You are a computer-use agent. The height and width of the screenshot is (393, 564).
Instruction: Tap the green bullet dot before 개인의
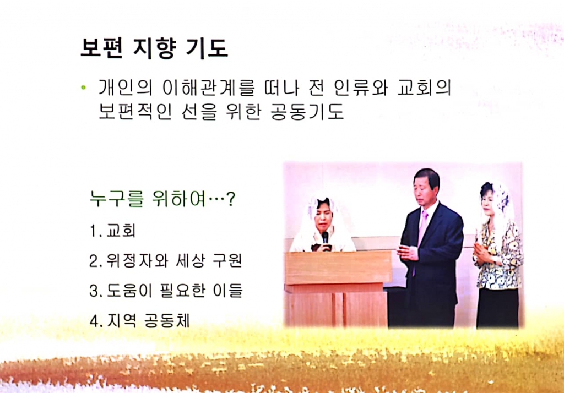[83, 88]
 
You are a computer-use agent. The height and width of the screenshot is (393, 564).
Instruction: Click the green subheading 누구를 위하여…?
[162, 199]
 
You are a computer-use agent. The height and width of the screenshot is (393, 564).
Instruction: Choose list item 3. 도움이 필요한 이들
[166, 291]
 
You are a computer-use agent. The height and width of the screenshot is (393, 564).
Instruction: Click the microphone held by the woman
[324, 238]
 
